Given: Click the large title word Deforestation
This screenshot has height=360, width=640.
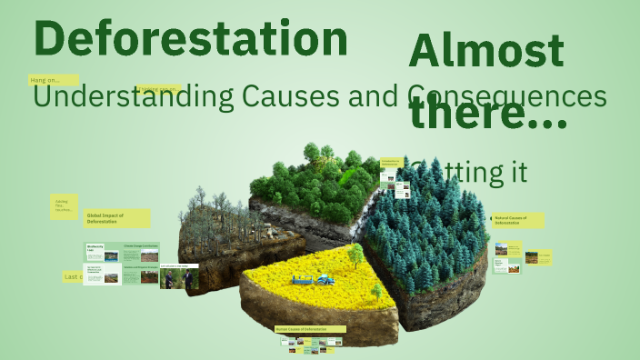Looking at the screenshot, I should (x=190, y=39).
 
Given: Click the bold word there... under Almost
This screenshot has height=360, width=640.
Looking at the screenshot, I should (x=488, y=114).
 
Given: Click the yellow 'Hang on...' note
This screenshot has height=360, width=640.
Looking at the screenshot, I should (x=54, y=80).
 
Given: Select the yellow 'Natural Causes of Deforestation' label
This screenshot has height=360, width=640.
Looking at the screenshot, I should (x=518, y=221).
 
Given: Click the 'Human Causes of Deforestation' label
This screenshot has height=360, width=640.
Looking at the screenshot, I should (x=310, y=329).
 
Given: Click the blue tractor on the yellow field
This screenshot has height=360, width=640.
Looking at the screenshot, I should (x=325, y=276).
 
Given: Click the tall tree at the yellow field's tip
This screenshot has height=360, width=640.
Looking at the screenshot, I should (x=353, y=258).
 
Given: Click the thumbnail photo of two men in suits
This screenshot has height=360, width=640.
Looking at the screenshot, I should (x=180, y=277).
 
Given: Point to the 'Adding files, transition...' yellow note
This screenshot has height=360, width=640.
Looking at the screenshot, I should (x=64, y=206).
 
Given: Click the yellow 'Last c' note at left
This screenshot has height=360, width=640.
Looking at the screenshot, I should (x=73, y=276).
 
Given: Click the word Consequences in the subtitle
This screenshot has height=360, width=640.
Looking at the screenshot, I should (x=506, y=95).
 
